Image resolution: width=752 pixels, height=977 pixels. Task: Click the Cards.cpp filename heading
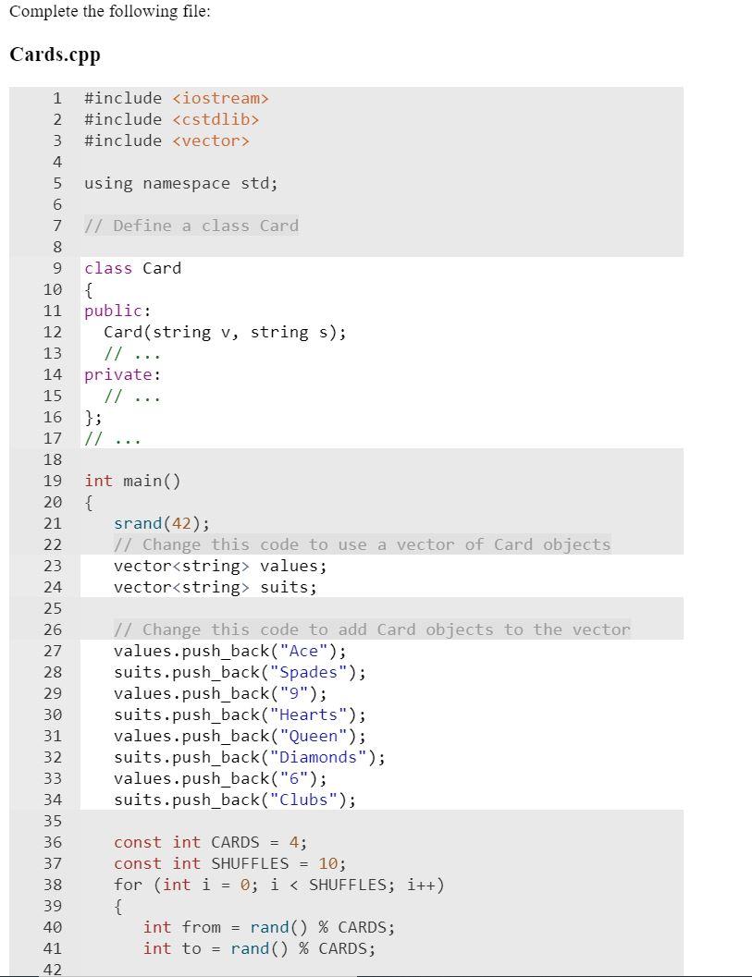pyautogui.click(x=55, y=55)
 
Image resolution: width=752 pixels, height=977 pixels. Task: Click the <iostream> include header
pyautogui.click(x=220, y=98)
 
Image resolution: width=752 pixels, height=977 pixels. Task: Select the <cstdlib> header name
pyautogui.click(x=216, y=119)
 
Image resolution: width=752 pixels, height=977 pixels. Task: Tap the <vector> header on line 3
pyautogui.click(x=211, y=140)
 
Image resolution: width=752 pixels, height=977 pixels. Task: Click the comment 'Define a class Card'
pyautogui.click(x=191, y=226)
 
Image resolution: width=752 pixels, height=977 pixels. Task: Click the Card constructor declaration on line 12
pyautogui.click(x=225, y=332)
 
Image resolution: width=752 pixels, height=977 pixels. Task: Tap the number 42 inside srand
pyautogui.click(x=182, y=523)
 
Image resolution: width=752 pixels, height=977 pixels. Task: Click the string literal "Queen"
pyautogui.click(x=313, y=736)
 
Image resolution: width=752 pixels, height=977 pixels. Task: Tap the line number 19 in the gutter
pyautogui.click(x=52, y=481)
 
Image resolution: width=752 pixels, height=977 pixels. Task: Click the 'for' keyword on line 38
pyautogui.click(x=128, y=885)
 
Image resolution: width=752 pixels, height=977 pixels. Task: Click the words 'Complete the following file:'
pyautogui.click(x=109, y=12)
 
